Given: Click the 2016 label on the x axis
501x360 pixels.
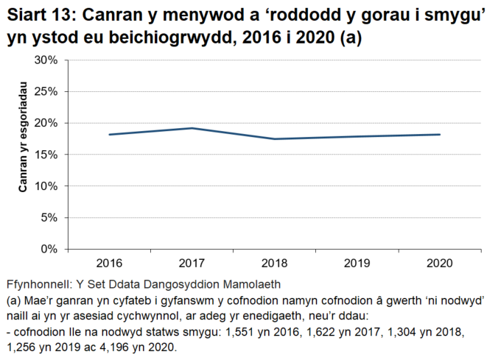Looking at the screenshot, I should point(109,264).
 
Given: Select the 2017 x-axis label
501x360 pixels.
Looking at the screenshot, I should point(192,264).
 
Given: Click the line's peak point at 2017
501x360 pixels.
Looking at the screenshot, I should point(192,128).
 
